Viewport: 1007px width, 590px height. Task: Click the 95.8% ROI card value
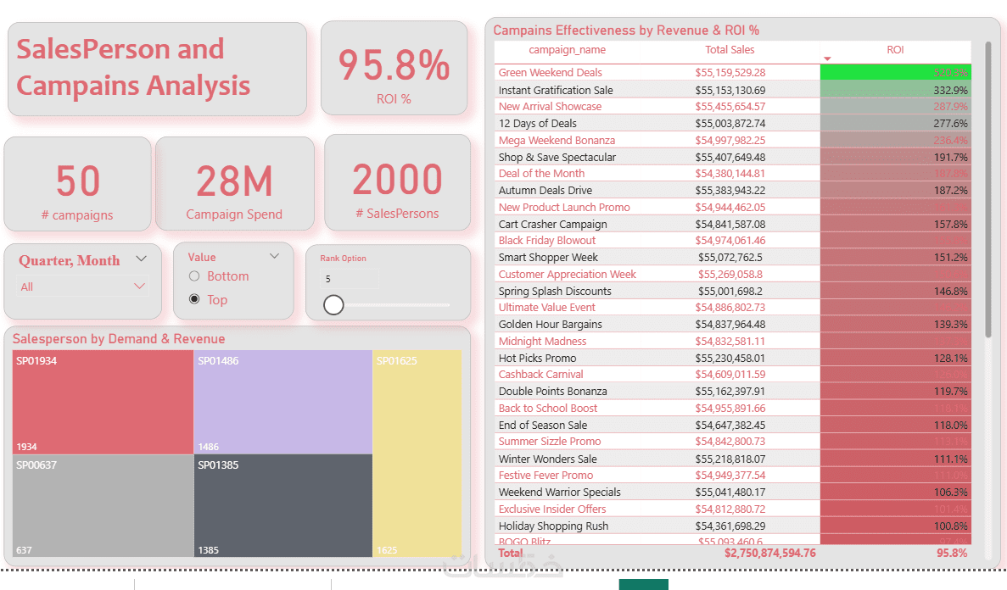click(394, 66)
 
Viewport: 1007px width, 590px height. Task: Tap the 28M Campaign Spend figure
click(234, 181)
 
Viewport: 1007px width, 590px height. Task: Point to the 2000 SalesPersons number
click(397, 180)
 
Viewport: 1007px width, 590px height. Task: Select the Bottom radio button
click(194, 276)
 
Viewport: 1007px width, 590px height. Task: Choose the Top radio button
click(194, 299)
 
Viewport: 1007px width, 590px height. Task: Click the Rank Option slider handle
click(333, 304)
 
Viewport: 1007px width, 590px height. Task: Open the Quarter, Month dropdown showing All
click(83, 287)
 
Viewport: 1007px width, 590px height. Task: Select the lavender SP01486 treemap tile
click(283, 402)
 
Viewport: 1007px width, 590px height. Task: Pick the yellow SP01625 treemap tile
click(417, 454)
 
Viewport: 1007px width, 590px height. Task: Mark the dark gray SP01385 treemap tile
click(283, 506)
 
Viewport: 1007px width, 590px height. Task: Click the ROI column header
click(895, 50)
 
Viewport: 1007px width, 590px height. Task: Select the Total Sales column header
click(730, 50)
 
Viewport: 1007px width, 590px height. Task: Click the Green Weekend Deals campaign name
click(550, 73)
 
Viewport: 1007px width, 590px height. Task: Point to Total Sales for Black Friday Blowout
click(730, 241)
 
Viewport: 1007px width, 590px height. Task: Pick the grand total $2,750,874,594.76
click(769, 553)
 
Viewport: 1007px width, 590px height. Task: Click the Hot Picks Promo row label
click(537, 358)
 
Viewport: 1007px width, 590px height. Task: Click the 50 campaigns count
click(78, 181)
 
